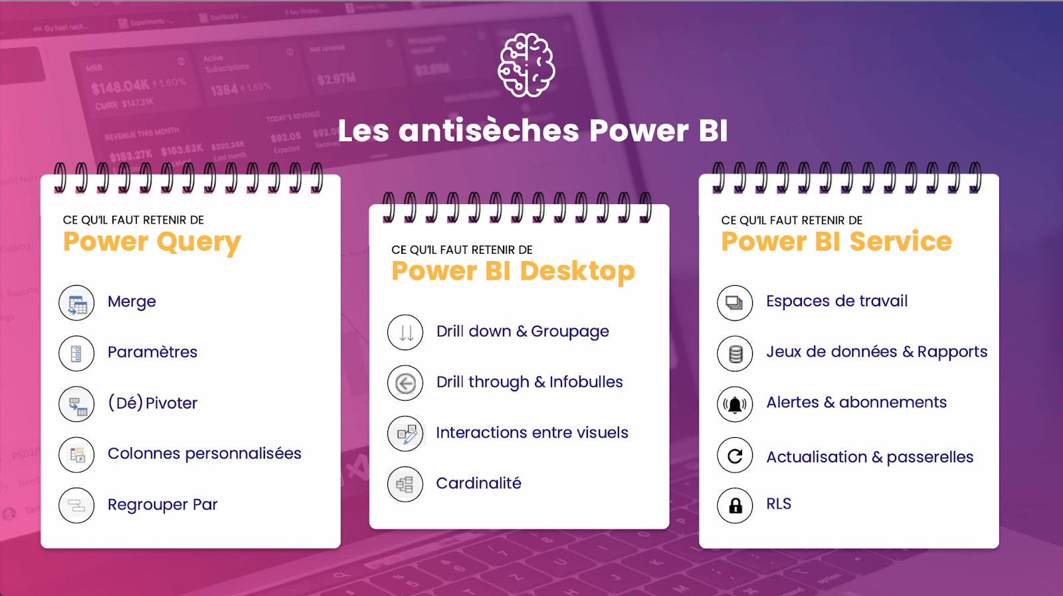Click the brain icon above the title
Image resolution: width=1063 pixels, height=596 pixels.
pos(527,65)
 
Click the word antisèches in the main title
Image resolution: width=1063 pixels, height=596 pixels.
pos(488,130)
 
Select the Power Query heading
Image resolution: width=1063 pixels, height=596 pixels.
pos(151,242)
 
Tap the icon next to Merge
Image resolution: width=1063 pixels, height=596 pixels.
pos(76,303)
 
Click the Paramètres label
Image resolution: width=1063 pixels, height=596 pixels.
pos(152,352)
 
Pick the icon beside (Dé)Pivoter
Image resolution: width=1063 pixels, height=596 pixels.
pos(76,404)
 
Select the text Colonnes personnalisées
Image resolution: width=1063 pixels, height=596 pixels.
pos(204,454)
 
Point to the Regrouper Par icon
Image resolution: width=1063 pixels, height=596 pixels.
pos(76,506)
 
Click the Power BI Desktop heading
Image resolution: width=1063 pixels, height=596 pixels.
pos(513,271)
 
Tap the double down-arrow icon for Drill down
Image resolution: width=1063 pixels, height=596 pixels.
pos(405,332)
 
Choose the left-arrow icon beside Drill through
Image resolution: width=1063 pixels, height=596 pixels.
pos(405,383)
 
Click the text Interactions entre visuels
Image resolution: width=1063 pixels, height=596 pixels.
pos(531,433)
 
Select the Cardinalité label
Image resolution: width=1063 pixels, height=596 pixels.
pos(478,483)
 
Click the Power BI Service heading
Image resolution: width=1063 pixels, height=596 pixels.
pos(836,242)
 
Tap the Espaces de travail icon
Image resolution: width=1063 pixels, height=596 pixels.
pos(735,303)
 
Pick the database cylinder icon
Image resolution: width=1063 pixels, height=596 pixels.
pos(735,353)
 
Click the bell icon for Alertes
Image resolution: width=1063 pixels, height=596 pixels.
pos(735,404)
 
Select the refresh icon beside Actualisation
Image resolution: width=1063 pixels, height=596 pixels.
pos(735,456)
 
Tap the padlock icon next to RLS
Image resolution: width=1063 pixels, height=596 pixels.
pos(735,506)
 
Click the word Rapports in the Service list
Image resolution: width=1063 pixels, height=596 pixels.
pos(952,352)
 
